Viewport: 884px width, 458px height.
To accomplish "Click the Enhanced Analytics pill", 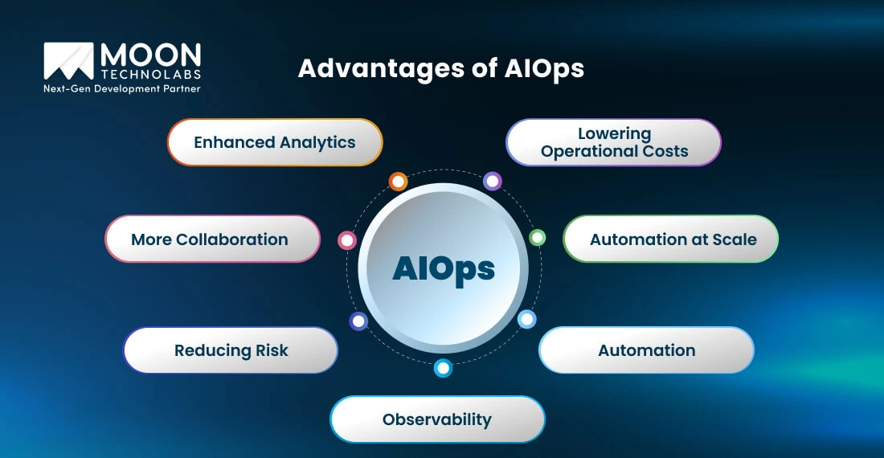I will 275,142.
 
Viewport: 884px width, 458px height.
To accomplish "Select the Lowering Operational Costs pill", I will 614,142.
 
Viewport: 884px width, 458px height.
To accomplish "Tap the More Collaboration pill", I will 212,239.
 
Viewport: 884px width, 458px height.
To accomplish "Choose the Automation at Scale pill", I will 671,239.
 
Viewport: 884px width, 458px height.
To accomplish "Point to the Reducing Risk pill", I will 231,350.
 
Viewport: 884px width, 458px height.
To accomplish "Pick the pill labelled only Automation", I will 646,350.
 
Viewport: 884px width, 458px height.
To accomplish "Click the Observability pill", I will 437,419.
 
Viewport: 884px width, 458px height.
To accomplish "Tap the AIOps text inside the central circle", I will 444,268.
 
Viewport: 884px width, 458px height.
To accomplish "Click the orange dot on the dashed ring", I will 398,182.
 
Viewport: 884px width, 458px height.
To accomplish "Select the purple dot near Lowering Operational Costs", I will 493,182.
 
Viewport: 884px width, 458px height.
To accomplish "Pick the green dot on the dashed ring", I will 538,237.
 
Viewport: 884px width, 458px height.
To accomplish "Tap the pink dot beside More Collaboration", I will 347,240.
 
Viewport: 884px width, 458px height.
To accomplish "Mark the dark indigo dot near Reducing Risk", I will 358,321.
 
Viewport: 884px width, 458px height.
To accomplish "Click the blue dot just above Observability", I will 443,369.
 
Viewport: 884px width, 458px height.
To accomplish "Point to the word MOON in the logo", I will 150,55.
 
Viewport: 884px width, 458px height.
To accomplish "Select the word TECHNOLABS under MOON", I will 150,74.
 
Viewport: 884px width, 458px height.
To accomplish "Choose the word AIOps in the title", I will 544,69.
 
